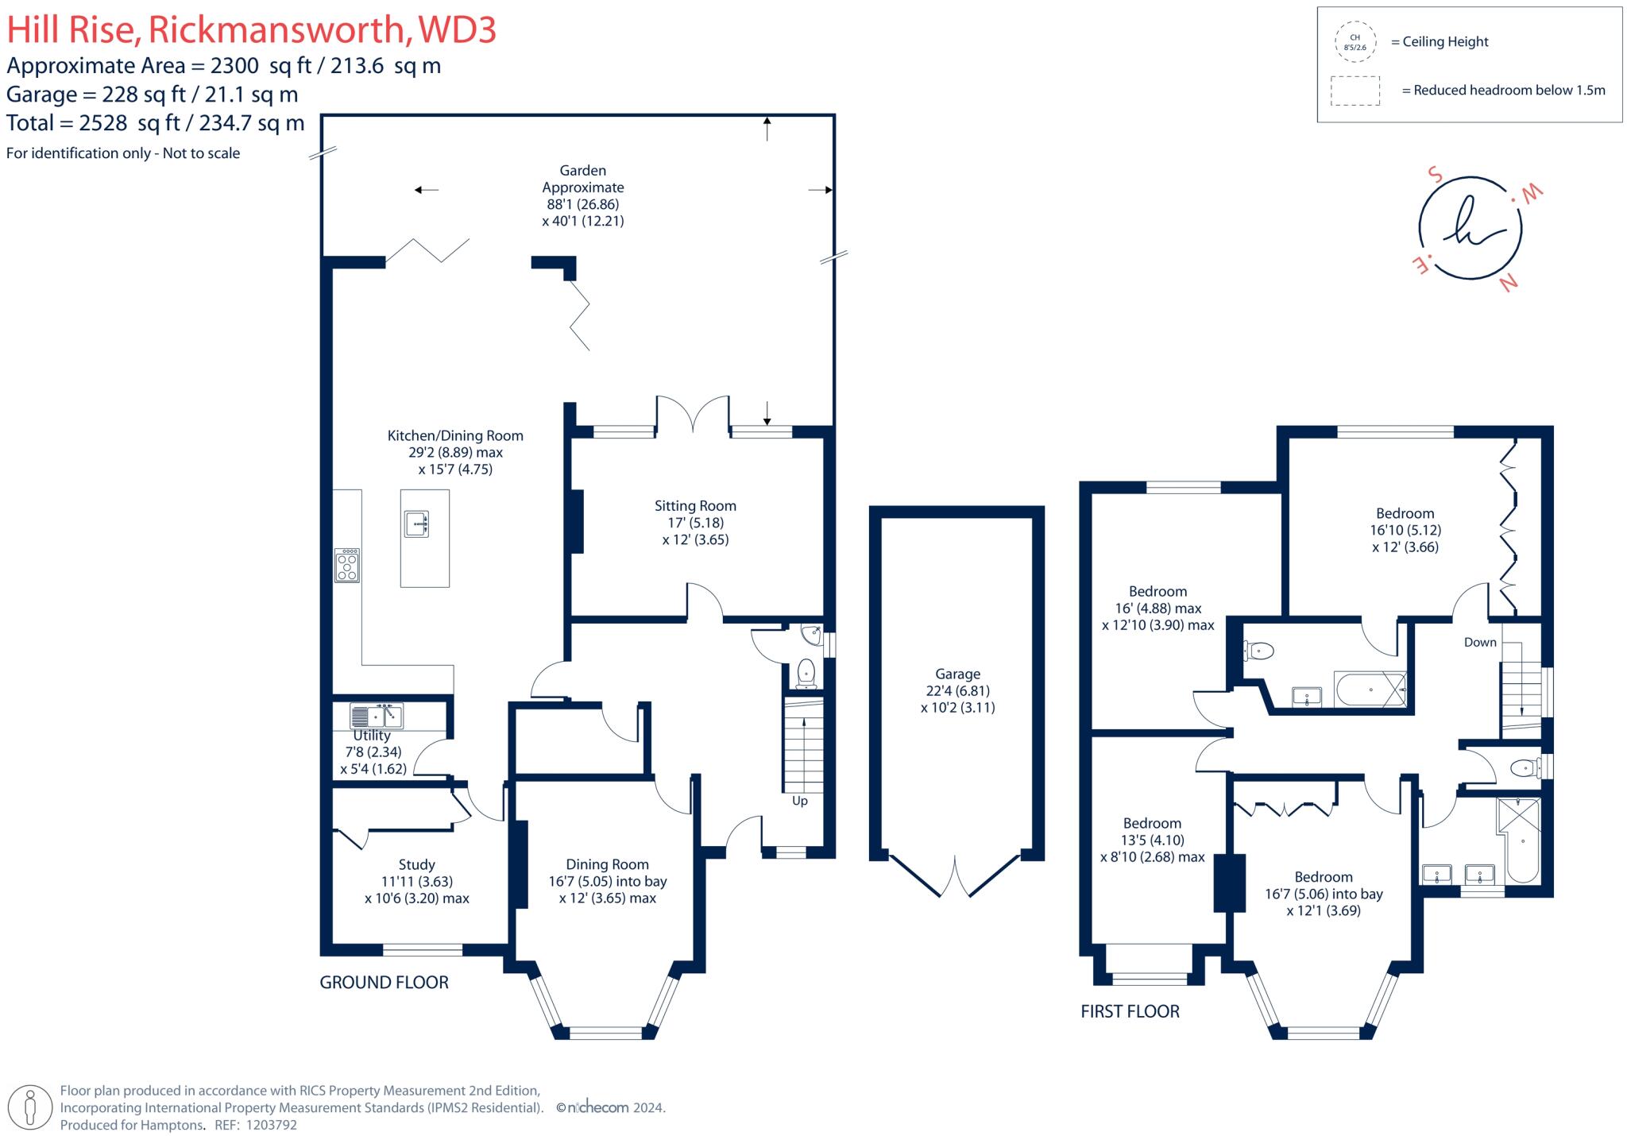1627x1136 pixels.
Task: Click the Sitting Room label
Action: pyautogui.click(x=695, y=506)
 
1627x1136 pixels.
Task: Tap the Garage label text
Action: pyautogui.click(x=957, y=674)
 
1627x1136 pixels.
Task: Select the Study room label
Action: pyautogui.click(x=416, y=864)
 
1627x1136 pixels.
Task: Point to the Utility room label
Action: pyautogui.click(x=372, y=736)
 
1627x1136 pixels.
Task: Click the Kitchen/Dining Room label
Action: pyautogui.click(x=455, y=435)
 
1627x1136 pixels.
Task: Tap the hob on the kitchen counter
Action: pyautogui.click(x=347, y=566)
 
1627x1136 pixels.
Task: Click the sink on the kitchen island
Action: pyautogui.click(x=417, y=524)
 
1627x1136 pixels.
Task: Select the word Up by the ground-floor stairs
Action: pyautogui.click(x=800, y=801)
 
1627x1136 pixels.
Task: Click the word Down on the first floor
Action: pyautogui.click(x=1480, y=642)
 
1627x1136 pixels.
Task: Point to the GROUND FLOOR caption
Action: pyautogui.click(x=384, y=983)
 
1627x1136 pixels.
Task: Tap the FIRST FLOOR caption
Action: pyautogui.click(x=1130, y=1011)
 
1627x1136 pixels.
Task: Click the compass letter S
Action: pyautogui.click(x=1435, y=174)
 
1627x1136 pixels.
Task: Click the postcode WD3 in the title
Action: pyautogui.click(x=457, y=30)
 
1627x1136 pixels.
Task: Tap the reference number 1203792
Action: pyautogui.click(x=271, y=1125)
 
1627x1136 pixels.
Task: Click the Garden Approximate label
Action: pyautogui.click(x=583, y=179)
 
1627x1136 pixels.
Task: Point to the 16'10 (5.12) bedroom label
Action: pyautogui.click(x=1405, y=530)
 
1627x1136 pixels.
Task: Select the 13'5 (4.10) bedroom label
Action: pyautogui.click(x=1152, y=840)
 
